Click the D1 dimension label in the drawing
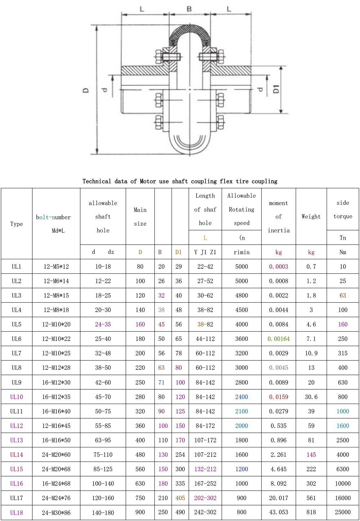[x=276, y=89]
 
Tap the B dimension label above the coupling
[x=189, y=9]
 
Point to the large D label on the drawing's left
[x=86, y=91]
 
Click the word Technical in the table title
[x=97, y=181]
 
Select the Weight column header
[x=311, y=217]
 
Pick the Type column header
[x=17, y=224]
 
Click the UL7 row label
[x=17, y=353]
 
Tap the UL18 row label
[x=17, y=513]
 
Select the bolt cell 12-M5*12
[x=56, y=266]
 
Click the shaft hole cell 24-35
[x=103, y=324]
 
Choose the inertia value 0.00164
[x=278, y=339]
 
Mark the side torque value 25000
[x=343, y=512]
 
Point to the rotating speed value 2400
[x=241, y=397]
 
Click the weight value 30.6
[x=311, y=397]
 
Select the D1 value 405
[x=180, y=498]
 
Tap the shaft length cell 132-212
[x=205, y=469]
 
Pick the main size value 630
[x=140, y=483]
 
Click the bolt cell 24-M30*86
[x=56, y=513]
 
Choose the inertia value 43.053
[x=278, y=512]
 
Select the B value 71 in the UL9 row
[x=161, y=382]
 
